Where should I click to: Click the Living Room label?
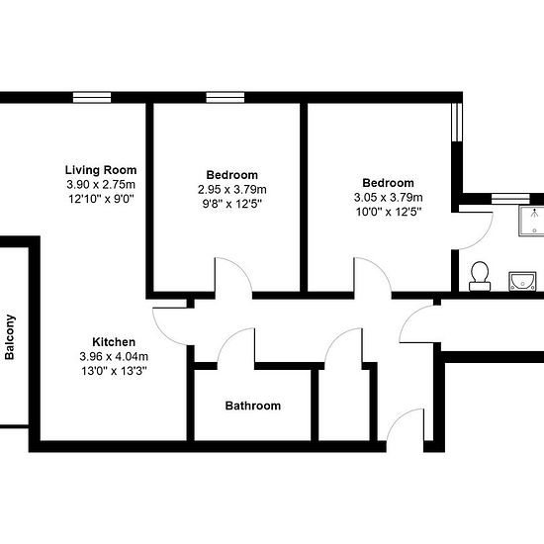tap(101, 170)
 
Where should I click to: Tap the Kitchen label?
tap(114, 342)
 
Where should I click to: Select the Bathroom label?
tap(253, 406)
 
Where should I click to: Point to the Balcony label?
tap(10, 337)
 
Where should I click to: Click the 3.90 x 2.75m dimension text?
tap(101, 184)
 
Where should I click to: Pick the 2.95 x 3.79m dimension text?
tap(232, 190)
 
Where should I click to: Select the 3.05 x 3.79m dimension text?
tap(389, 198)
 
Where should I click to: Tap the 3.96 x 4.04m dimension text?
tap(114, 356)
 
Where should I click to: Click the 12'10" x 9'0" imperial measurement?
tap(101, 199)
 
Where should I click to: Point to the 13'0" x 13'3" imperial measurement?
tap(114, 371)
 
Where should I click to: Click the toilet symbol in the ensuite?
tap(480, 276)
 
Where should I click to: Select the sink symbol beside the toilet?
tap(522, 281)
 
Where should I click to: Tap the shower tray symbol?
tap(531, 221)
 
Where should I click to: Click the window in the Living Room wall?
tap(92, 98)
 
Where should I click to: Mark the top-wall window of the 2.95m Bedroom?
tap(226, 98)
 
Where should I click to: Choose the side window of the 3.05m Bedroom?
tap(457, 122)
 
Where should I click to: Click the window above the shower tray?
tap(510, 199)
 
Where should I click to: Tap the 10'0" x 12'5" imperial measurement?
tap(389, 212)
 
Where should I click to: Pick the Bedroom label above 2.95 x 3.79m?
tap(232, 175)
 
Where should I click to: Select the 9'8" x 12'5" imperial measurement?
tap(232, 204)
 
